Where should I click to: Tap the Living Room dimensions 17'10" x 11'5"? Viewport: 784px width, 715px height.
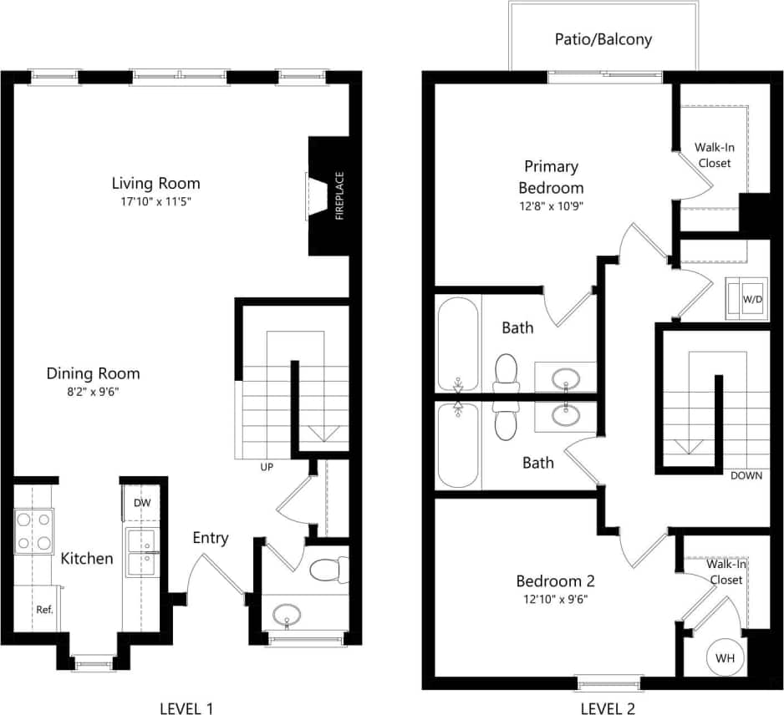click(x=157, y=202)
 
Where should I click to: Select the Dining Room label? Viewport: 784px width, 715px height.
click(x=93, y=373)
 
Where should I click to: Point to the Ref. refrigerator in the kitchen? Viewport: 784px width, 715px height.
click(x=44, y=609)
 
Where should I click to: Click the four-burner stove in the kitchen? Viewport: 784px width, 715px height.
click(x=33, y=531)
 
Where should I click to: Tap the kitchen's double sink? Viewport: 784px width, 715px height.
click(x=140, y=553)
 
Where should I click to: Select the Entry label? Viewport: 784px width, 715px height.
click(x=210, y=538)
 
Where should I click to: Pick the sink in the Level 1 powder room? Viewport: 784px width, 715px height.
click(x=287, y=616)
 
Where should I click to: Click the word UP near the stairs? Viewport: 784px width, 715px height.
click(x=267, y=467)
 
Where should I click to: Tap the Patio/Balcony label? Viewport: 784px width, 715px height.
click(x=603, y=39)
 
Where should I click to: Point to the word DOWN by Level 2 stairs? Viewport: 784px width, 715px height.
click(x=746, y=476)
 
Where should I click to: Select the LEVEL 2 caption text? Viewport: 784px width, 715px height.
click(x=608, y=709)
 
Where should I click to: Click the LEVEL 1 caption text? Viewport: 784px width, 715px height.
click(x=186, y=709)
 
